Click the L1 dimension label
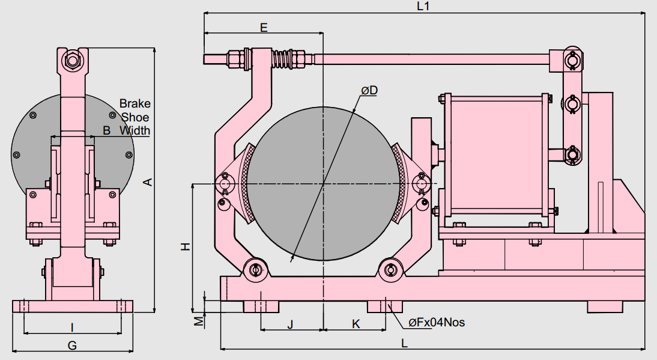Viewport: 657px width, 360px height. click(423, 6)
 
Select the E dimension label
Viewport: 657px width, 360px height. click(264, 28)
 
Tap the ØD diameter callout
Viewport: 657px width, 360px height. click(369, 90)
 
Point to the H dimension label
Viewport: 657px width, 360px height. click(186, 246)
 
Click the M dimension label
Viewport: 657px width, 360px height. click(199, 321)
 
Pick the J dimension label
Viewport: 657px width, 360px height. click(290, 325)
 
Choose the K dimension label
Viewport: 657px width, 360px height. click(356, 324)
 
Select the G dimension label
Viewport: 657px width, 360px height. click(72, 346)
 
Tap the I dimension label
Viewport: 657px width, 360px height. click(72, 328)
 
